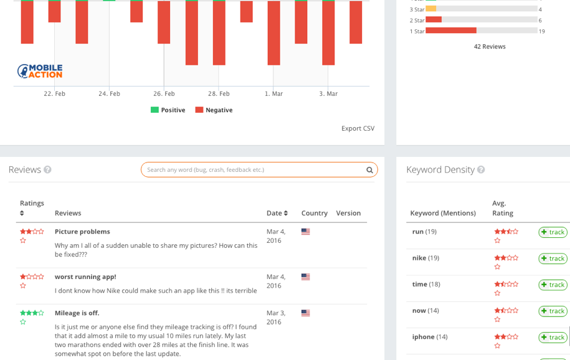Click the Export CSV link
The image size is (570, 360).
coord(358,128)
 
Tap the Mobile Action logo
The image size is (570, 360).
coord(40,71)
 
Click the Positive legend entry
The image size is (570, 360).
coord(168,110)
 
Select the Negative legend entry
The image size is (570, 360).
coord(214,110)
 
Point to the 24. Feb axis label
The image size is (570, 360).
coord(109,94)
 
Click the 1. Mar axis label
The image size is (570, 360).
coord(273,94)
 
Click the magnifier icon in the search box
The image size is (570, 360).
coord(369,170)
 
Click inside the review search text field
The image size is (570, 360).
coord(254,170)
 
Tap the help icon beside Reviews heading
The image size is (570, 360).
coord(47,169)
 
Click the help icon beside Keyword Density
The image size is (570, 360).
coord(481,169)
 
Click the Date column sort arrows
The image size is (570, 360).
coord(286,213)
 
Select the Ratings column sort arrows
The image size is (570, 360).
coord(22,213)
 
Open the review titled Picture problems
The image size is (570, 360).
coord(82,232)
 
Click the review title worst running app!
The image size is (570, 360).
coord(85,277)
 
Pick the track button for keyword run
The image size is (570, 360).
coord(553,232)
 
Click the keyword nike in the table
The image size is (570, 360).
coord(419,258)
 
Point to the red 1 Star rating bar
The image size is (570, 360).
coord(451,31)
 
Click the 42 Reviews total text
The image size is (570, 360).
coord(490,47)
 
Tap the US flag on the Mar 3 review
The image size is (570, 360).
coord(306,313)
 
